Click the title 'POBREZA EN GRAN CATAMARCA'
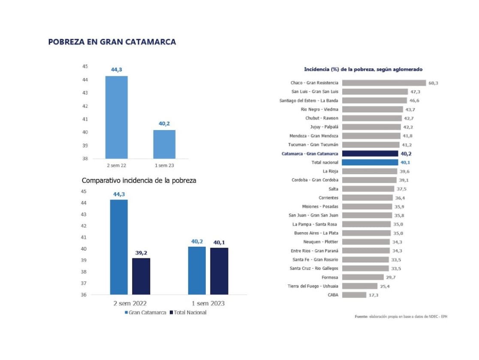(112, 42)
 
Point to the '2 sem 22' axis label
(116, 165)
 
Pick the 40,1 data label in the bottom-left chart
(219, 243)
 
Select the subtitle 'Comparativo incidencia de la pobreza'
(139, 181)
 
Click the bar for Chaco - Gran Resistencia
(385, 83)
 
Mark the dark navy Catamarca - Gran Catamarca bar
(371, 154)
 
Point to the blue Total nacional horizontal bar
(371, 163)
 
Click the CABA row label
(332, 295)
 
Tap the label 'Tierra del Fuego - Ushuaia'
(313, 286)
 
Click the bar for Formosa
(363, 277)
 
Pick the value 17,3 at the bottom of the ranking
(374, 295)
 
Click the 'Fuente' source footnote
(401, 317)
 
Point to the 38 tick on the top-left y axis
(85, 158)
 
